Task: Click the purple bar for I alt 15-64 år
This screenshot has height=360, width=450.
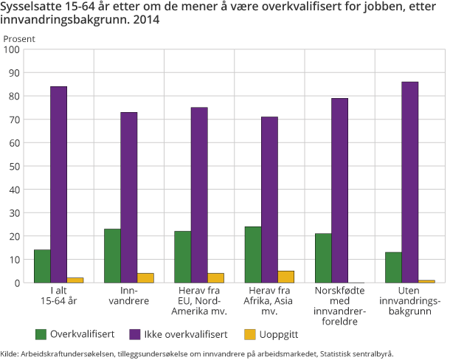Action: [x=58, y=184]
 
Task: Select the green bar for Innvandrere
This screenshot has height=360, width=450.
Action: [x=112, y=256]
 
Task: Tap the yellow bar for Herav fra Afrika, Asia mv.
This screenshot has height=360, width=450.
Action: [x=286, y=277]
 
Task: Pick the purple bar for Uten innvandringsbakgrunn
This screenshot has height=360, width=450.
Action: [x=409, y=182]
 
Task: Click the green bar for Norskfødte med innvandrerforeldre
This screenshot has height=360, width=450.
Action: [x=323, y=258]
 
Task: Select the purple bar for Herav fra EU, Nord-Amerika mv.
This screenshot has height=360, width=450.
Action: [x=199, y=195]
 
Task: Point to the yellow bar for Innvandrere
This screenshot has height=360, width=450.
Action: [x=145, y=278]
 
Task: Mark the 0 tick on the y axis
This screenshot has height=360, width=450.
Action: [x=18, y=283]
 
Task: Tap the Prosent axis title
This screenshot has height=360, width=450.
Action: [x=18, y=38]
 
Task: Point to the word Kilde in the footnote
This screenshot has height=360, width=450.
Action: [x=10, y=353]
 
